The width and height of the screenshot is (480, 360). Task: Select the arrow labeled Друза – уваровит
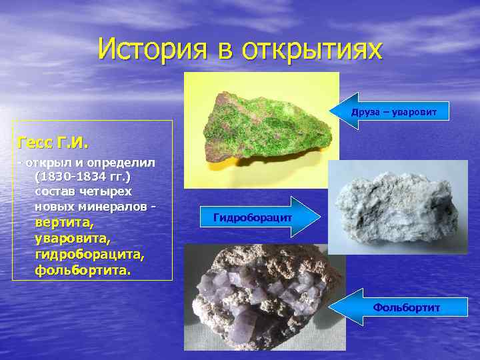(x=393, y=111)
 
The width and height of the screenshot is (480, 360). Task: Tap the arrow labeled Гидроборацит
(x=253, y=217)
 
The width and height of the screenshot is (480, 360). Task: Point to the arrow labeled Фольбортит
(x=393, y=307)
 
